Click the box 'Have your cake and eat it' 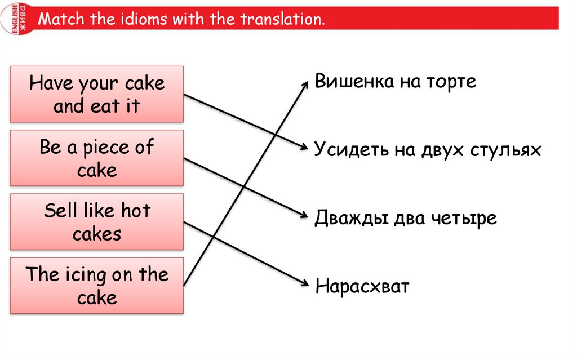(97, 94)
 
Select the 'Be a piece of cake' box (97, 158)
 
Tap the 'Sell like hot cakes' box (97, 221)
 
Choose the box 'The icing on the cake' (97, 286)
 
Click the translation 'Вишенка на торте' (396, 82)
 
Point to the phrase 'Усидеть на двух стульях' (428, 150)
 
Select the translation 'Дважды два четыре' (406, 217)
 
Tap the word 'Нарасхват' (362, 286)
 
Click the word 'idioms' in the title (144, 20)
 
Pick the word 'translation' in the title (283, 20)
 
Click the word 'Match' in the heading (60, 20)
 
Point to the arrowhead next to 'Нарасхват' (305, 284)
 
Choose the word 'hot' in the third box (136, 211)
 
